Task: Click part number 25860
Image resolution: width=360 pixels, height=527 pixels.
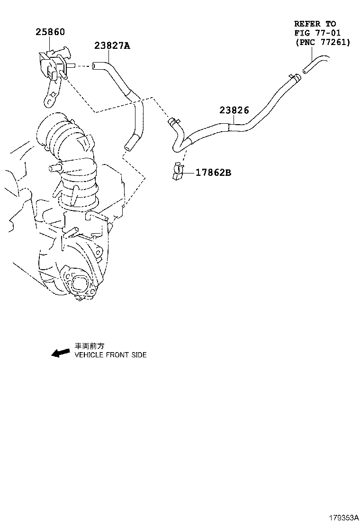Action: [x=50, y=32]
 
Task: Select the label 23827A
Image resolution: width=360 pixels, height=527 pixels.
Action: [x=112, y=45]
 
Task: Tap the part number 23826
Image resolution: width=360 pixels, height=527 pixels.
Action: [x=234, y=110]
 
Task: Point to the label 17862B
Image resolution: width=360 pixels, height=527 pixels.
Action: [x=213, y=173]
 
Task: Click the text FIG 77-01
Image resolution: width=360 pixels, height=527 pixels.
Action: [x=317, y=33]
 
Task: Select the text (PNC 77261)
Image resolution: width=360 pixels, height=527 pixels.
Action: [x=322, y=42]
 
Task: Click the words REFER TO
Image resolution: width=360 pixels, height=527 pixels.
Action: [x=315, y=23]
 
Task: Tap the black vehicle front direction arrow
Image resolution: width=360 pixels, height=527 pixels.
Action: [x=61, y=353]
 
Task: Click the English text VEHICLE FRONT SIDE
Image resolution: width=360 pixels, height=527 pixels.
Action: [x=111, y=355]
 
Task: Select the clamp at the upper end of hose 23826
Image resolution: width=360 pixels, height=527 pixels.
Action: [x=293, y=77]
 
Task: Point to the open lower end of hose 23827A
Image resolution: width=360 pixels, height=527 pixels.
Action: [x=128, y=147]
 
